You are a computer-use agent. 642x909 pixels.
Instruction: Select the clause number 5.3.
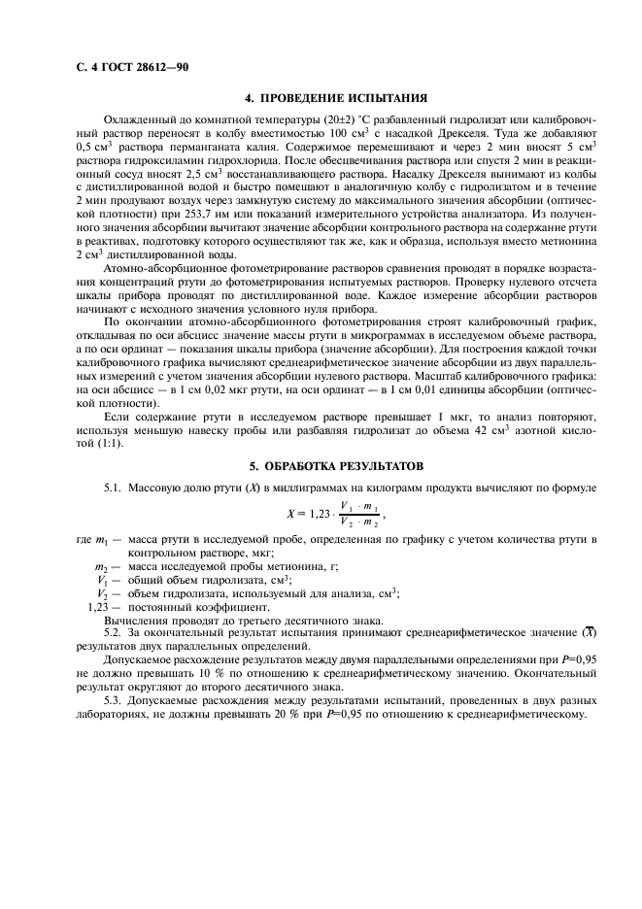coord(115,706)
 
